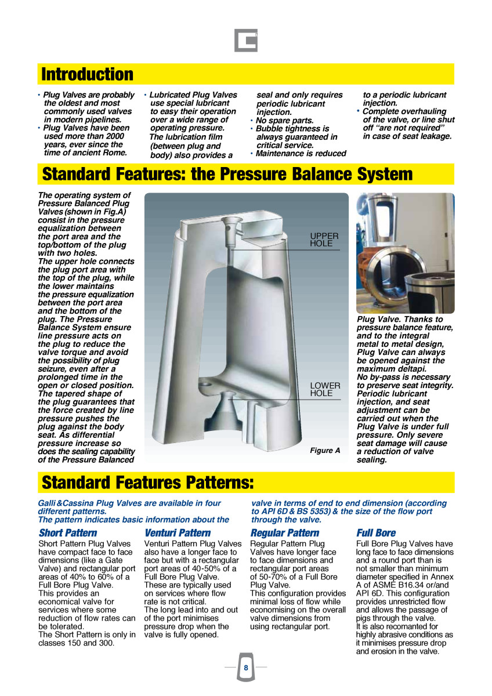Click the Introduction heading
coord(88,74)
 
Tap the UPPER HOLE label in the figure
coord(324,240)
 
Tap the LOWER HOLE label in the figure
coord(321,389)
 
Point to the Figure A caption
coord(325,451)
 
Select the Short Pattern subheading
coord(68,532)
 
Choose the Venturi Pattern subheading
coord(178,532)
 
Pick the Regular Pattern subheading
coord(285,532)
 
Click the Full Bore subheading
coord(376,532)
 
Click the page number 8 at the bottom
coord(246,668)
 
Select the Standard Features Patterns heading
coord(148,483)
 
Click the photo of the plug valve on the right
coord(405,253)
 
